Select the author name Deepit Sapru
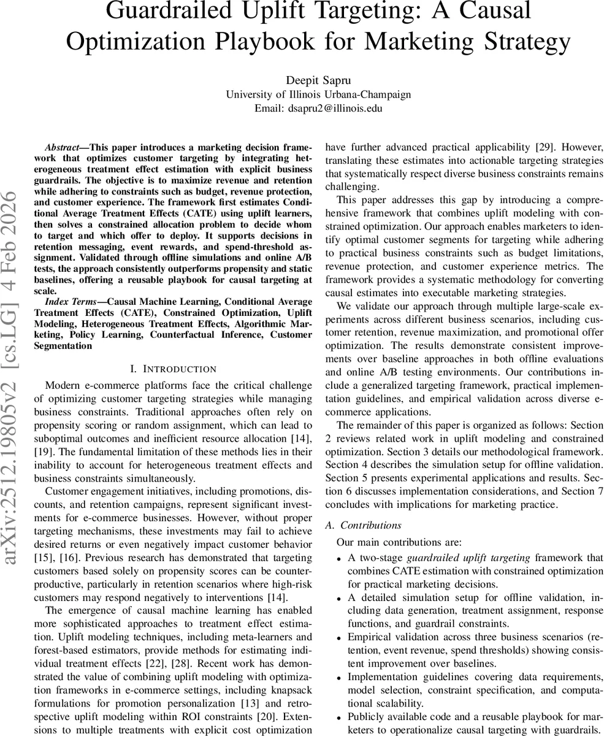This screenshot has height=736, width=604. (x=318, y=81)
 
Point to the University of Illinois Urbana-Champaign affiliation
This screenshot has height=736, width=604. (x=318, y=94)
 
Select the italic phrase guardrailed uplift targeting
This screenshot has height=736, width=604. (x=468, y=558)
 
